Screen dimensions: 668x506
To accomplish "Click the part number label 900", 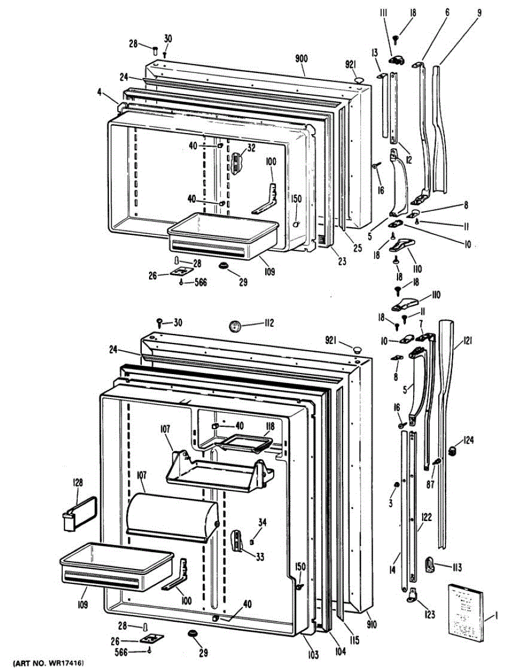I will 302,59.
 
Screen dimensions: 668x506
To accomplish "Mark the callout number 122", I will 426,517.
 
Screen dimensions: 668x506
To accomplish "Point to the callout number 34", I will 262,522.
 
